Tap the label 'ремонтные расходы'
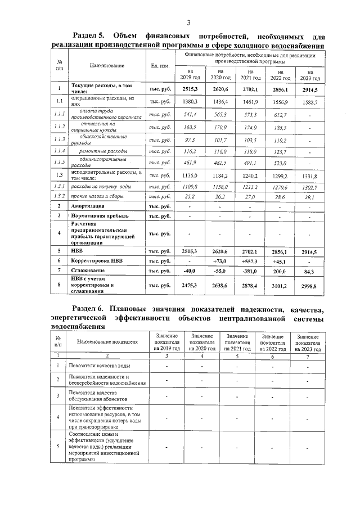[103, 151]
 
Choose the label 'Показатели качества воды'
[99, 367]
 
